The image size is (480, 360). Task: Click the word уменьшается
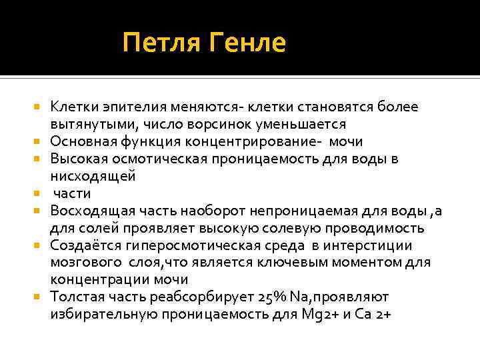click(308, 124)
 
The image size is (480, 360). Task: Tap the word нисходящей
click(93, 176)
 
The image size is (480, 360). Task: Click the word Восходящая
click(93, 211)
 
